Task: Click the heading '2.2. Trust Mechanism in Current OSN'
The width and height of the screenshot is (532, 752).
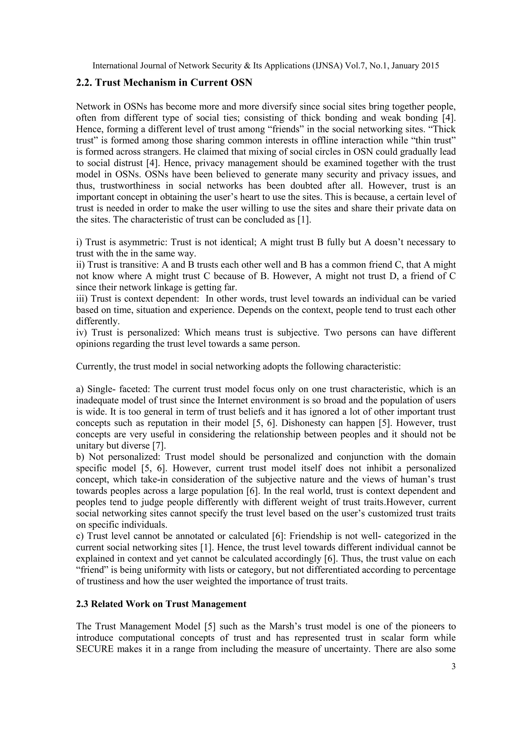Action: (x=164, y=82)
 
